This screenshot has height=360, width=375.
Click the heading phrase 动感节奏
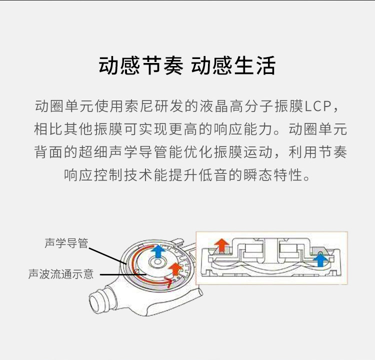[141, 65]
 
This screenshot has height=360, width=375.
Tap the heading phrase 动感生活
[233, 65]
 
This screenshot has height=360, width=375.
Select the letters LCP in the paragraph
[318, 106]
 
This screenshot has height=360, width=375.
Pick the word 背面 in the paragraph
[49, 152]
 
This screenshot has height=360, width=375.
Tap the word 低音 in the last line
[214, 175]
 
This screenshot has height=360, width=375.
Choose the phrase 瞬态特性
[273, 175]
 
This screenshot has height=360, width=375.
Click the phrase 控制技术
[123, 175]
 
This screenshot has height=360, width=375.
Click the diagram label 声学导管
[66, 243]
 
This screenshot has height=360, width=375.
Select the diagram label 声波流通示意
[61, 274]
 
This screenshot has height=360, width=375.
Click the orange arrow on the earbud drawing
[176, 269]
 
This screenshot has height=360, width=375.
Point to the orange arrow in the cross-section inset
[221, 245]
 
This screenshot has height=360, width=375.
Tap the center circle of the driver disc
[158, 262]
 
